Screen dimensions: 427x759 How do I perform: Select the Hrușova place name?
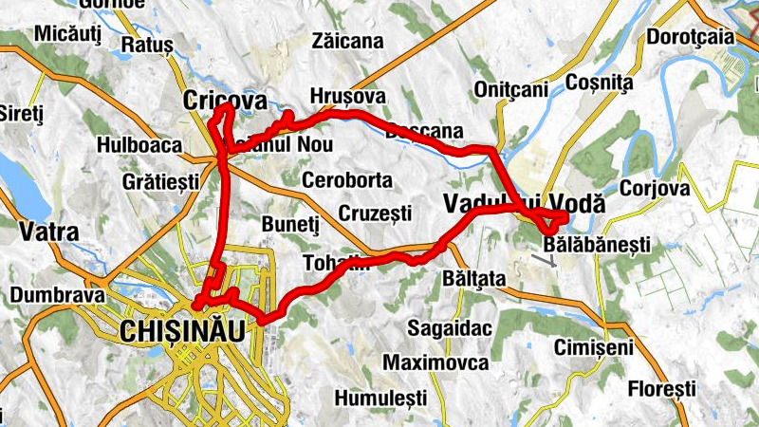click(347, 97)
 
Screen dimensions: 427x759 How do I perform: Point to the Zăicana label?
click(347, 41)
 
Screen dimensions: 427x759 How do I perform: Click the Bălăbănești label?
click(597, 245)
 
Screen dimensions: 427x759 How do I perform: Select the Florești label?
click(661, 389)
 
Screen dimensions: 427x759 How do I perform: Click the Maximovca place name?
click(435, 362)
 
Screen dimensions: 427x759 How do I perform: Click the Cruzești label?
click(374, 213)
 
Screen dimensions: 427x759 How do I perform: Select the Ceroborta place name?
click(346, 180)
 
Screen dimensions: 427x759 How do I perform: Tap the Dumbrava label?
click(56, 295)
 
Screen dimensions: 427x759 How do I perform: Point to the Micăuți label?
click(66, 35)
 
